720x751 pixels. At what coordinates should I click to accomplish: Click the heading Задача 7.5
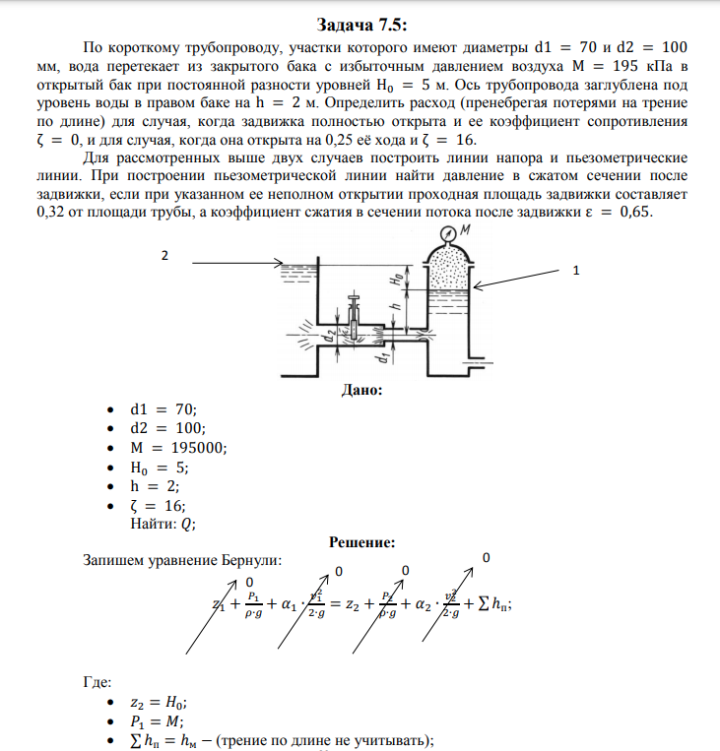coord(360,25)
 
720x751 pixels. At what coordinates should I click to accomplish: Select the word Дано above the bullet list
coord(360,390)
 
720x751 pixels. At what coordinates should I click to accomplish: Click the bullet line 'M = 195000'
coord(178,448)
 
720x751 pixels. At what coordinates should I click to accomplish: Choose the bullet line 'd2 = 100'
coord(167,428)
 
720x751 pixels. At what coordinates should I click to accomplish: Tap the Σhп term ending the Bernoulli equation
coord(492,604)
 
